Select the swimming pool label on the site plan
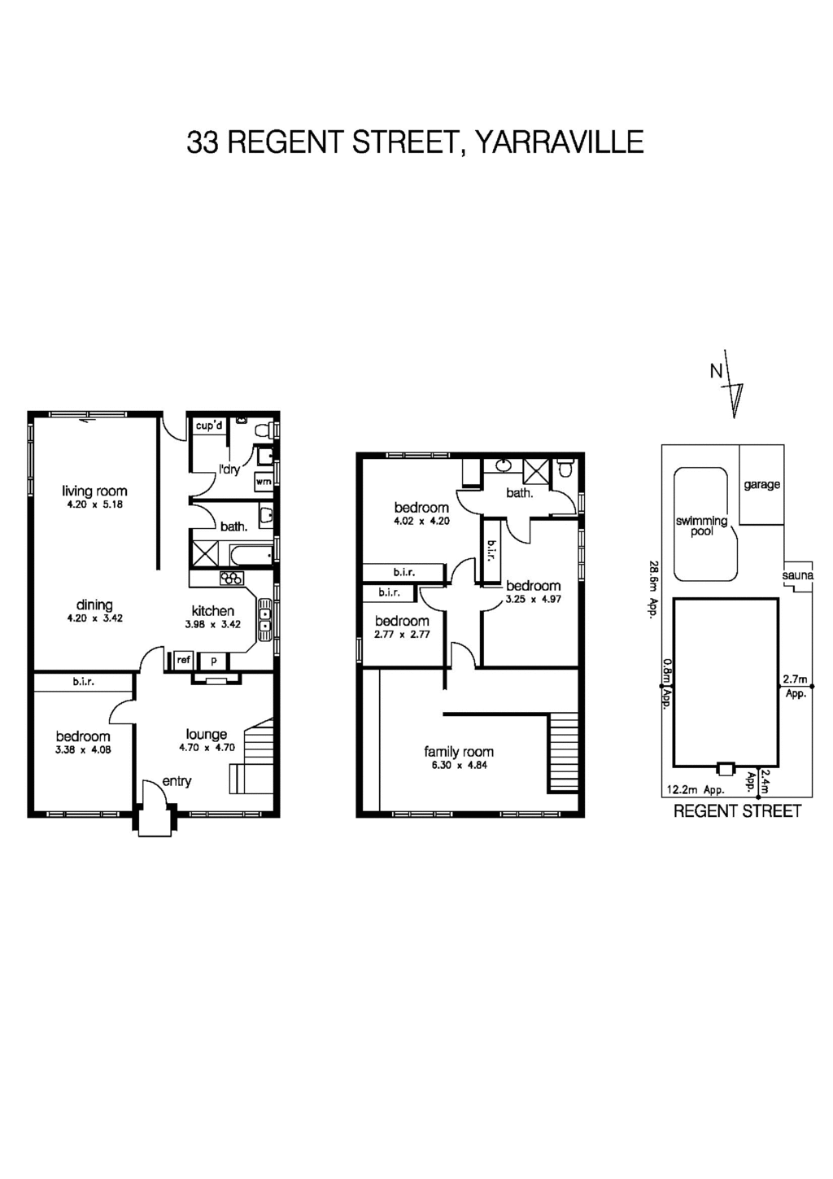(x=701, y=526)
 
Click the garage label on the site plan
(x=761, y=485)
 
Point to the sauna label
(x=797, y=576)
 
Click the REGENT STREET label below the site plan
(x=737, y=811)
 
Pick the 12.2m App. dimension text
(x=695, y=789)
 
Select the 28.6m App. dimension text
(x=652, y=589)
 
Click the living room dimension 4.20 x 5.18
(x=94, y=504)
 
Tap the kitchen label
(x=212, y=611)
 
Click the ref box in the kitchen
(x=183, y=661)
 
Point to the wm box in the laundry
(x=263, y=482)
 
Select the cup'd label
(x=209, y=426)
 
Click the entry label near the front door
(x=177, y=781)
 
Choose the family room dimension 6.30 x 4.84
(x=459, y=765)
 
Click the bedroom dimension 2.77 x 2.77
(x=402, y=635)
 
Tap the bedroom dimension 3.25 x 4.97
(x=533, y=599)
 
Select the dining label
(x=94, y=605)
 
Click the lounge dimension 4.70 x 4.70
(x=207, y=747)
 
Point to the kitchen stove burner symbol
(x=232, y=579)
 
